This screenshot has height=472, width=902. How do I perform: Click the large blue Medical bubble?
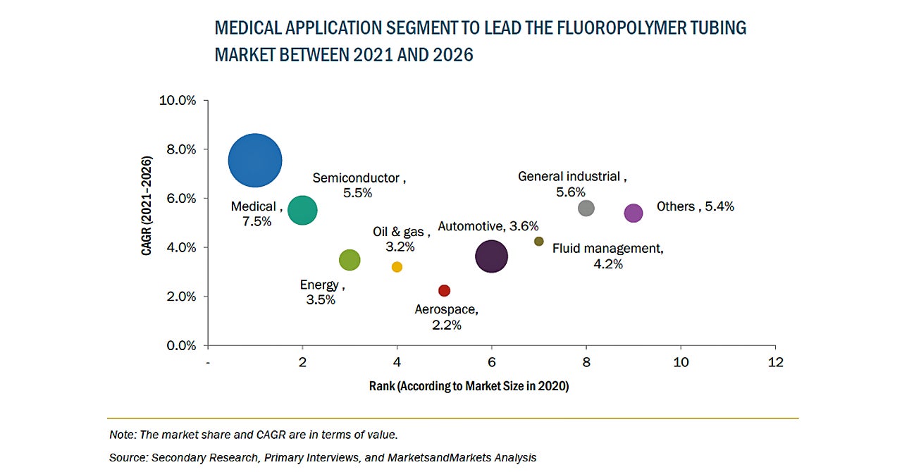click(x=255, y=161)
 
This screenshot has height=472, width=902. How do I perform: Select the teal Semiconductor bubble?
click(x=302, y=210)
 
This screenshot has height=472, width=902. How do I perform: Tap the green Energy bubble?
click(x=350, y=260)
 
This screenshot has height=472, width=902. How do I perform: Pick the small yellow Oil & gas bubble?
click(x=397, y=267)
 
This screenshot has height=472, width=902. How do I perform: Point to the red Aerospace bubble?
click(x=444, y=291)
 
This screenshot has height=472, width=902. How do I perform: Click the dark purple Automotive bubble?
click(x=492, y=256)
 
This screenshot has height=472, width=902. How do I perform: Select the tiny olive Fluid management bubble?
click(x=539, y=241)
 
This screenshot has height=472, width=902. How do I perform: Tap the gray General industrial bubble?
click(x=586, y=208)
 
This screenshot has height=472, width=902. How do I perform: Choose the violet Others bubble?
click(x=634, y=213)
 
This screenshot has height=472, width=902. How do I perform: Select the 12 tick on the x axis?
click(x=775, y=362)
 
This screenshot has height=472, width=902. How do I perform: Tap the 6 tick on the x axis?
click(x=492, y=362)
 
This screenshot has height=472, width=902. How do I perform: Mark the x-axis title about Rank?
click(x=469, y=386)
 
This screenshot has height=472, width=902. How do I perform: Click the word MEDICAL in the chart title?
click(x=249, y=28)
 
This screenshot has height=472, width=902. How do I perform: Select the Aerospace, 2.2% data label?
click(x=446, y=317)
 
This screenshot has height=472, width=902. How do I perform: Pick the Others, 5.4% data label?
click(x=695, y=206)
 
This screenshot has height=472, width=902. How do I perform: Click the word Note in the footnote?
click(x=122, y=435)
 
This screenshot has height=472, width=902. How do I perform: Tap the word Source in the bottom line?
click(x=128, y=458)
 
